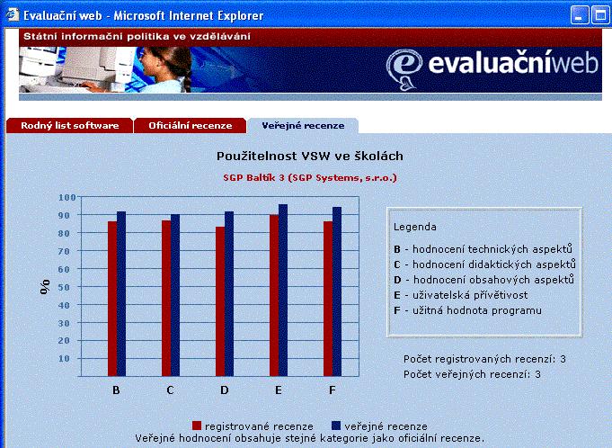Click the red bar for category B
(x=112, y=299)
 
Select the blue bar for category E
(x=283, y=291)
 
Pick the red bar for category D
(x=220, y=301)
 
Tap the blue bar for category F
(x=337, y=291)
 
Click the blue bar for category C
(x=175, y=295)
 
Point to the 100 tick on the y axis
(x=67, y=197)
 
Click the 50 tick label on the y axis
(x=65, y=287)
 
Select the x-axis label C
(x=170, y=390)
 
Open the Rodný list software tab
(x=69, y=125)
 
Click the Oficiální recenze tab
(x=191, y=125)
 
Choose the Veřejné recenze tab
(x=303, y=125)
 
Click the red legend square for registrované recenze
(x=197, y=426)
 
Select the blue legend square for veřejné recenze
(x=336, y=426)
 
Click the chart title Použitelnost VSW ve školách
(x=310, y=156)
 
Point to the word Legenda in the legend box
(x=415, y=227)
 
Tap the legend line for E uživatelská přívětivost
(x=460, y=295)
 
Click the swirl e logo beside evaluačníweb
(x=404, y=69)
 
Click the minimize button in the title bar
(x=580, y=15)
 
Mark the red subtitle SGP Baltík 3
(x=254, y=178)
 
